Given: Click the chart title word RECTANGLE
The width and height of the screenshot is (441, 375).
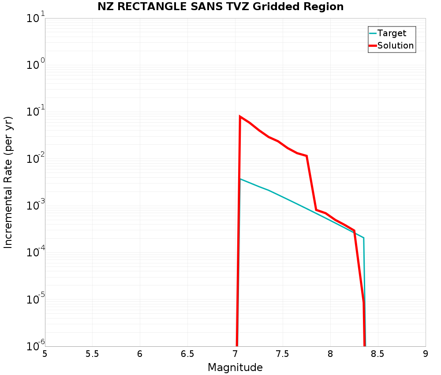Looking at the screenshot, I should pyautogui.click(x=148, y=7).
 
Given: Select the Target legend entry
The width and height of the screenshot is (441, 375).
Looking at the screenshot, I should pyautogui.click(x=392, y=33).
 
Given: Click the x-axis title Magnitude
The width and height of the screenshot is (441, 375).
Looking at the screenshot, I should pyautogui.click(x=235, y=367).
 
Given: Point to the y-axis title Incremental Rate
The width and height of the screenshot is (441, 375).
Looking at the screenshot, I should pyautogui.click(x=9, y=182).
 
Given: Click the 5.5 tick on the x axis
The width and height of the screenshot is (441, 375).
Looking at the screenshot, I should pyautogui.click(x=92, y=354).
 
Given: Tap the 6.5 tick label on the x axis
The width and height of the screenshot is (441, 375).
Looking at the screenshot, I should pyautogui.click(x=187, y=354).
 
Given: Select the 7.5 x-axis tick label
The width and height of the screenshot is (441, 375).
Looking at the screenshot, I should pyautogui.click(x=283, y=354).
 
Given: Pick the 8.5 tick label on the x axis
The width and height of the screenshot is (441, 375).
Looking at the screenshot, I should pyautogui.click(x=378, y=354).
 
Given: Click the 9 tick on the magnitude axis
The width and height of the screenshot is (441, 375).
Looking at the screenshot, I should pyautogui.click(x=426, y=354).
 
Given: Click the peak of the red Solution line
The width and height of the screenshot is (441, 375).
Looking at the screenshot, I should pyautogui.click(x=240, y=116).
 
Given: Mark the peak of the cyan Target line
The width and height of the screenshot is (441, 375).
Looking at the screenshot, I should pyautogui.click(x=240, y=179).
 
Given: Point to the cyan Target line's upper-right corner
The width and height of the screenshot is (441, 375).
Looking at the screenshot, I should pyautogui.click(x=363, y=238).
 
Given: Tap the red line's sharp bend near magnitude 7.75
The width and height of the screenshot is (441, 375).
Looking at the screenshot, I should pyautogui.click(x=306, y=156).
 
